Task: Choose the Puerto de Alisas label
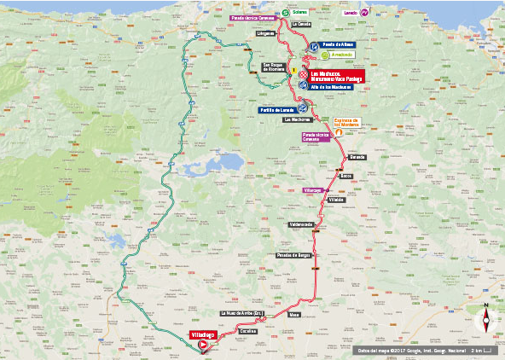(337, 44)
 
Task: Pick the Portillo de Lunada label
(278, 109)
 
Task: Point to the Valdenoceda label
(302, 224)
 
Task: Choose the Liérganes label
(264, 34)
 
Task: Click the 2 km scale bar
(483, 351)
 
